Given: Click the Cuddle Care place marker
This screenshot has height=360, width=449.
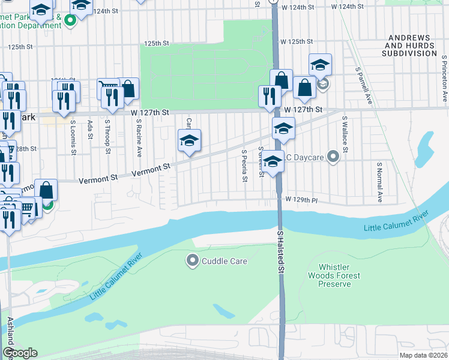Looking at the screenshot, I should [x=193, y=261].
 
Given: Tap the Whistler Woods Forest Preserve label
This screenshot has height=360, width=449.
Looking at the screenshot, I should [x=339, y=275].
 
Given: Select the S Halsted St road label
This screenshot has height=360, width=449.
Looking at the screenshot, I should [x=280, y=251].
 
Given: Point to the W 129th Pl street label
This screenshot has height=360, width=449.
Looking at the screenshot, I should [x=301, y=199].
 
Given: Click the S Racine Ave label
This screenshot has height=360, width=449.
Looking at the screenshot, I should [x=139, y=137].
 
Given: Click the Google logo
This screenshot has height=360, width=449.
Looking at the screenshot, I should [x=20, y=353].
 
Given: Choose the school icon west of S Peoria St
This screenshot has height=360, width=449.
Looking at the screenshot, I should [x=189, y=142].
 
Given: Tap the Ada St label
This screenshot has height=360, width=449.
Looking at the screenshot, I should [x=91, y=129].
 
